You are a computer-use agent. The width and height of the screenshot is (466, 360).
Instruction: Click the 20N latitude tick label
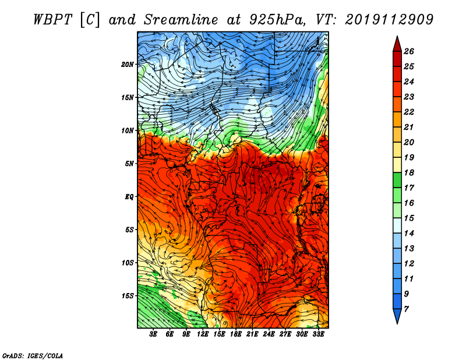pyautogui.click(x=128, y=64)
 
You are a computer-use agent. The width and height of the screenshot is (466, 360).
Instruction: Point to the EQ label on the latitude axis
pyautogui.click(x=129, y=196)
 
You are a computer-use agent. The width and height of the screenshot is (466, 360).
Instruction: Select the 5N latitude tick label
pyautogui.click(x=129, y=164)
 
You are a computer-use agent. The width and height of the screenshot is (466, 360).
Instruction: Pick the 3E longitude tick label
pyautogui.click(x=153, y=334)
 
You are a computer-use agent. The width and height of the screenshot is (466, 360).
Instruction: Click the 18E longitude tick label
pyautogui.click(x=236, y=334)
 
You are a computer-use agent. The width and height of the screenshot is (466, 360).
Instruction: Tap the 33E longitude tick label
pyautogui.click(x=318, y=334)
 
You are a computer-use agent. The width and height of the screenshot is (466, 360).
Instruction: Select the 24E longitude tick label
pyautogui.click(x=269, y=334)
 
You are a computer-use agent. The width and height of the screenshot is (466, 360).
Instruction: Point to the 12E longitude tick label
pyautogui.click(x=203, y=334)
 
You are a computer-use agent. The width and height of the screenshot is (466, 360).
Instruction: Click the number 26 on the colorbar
pyautogui.click(x=409, y=51)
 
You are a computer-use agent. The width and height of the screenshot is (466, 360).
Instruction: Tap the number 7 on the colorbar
pyautogui.click(x=406, y=309)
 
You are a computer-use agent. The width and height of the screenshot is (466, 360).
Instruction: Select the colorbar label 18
pyautogui.click(x=409, y=172)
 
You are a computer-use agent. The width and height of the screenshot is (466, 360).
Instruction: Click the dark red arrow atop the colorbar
pyautogui.click(x=397, y=44)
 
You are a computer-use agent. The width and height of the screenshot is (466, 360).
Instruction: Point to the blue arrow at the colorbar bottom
pyautogui.click(x=397, y=316)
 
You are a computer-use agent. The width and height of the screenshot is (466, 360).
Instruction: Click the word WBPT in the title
pyautogui.click(x=53, y=20)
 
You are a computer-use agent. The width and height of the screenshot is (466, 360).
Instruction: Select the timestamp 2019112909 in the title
pyautogui.click(x=389, y=20)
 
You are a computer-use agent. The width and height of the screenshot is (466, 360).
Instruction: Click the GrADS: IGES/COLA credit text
pyautogui.click(x=33, y=355)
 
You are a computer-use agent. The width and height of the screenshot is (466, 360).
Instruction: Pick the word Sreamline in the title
pyautogui.click(x=181, y=20)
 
